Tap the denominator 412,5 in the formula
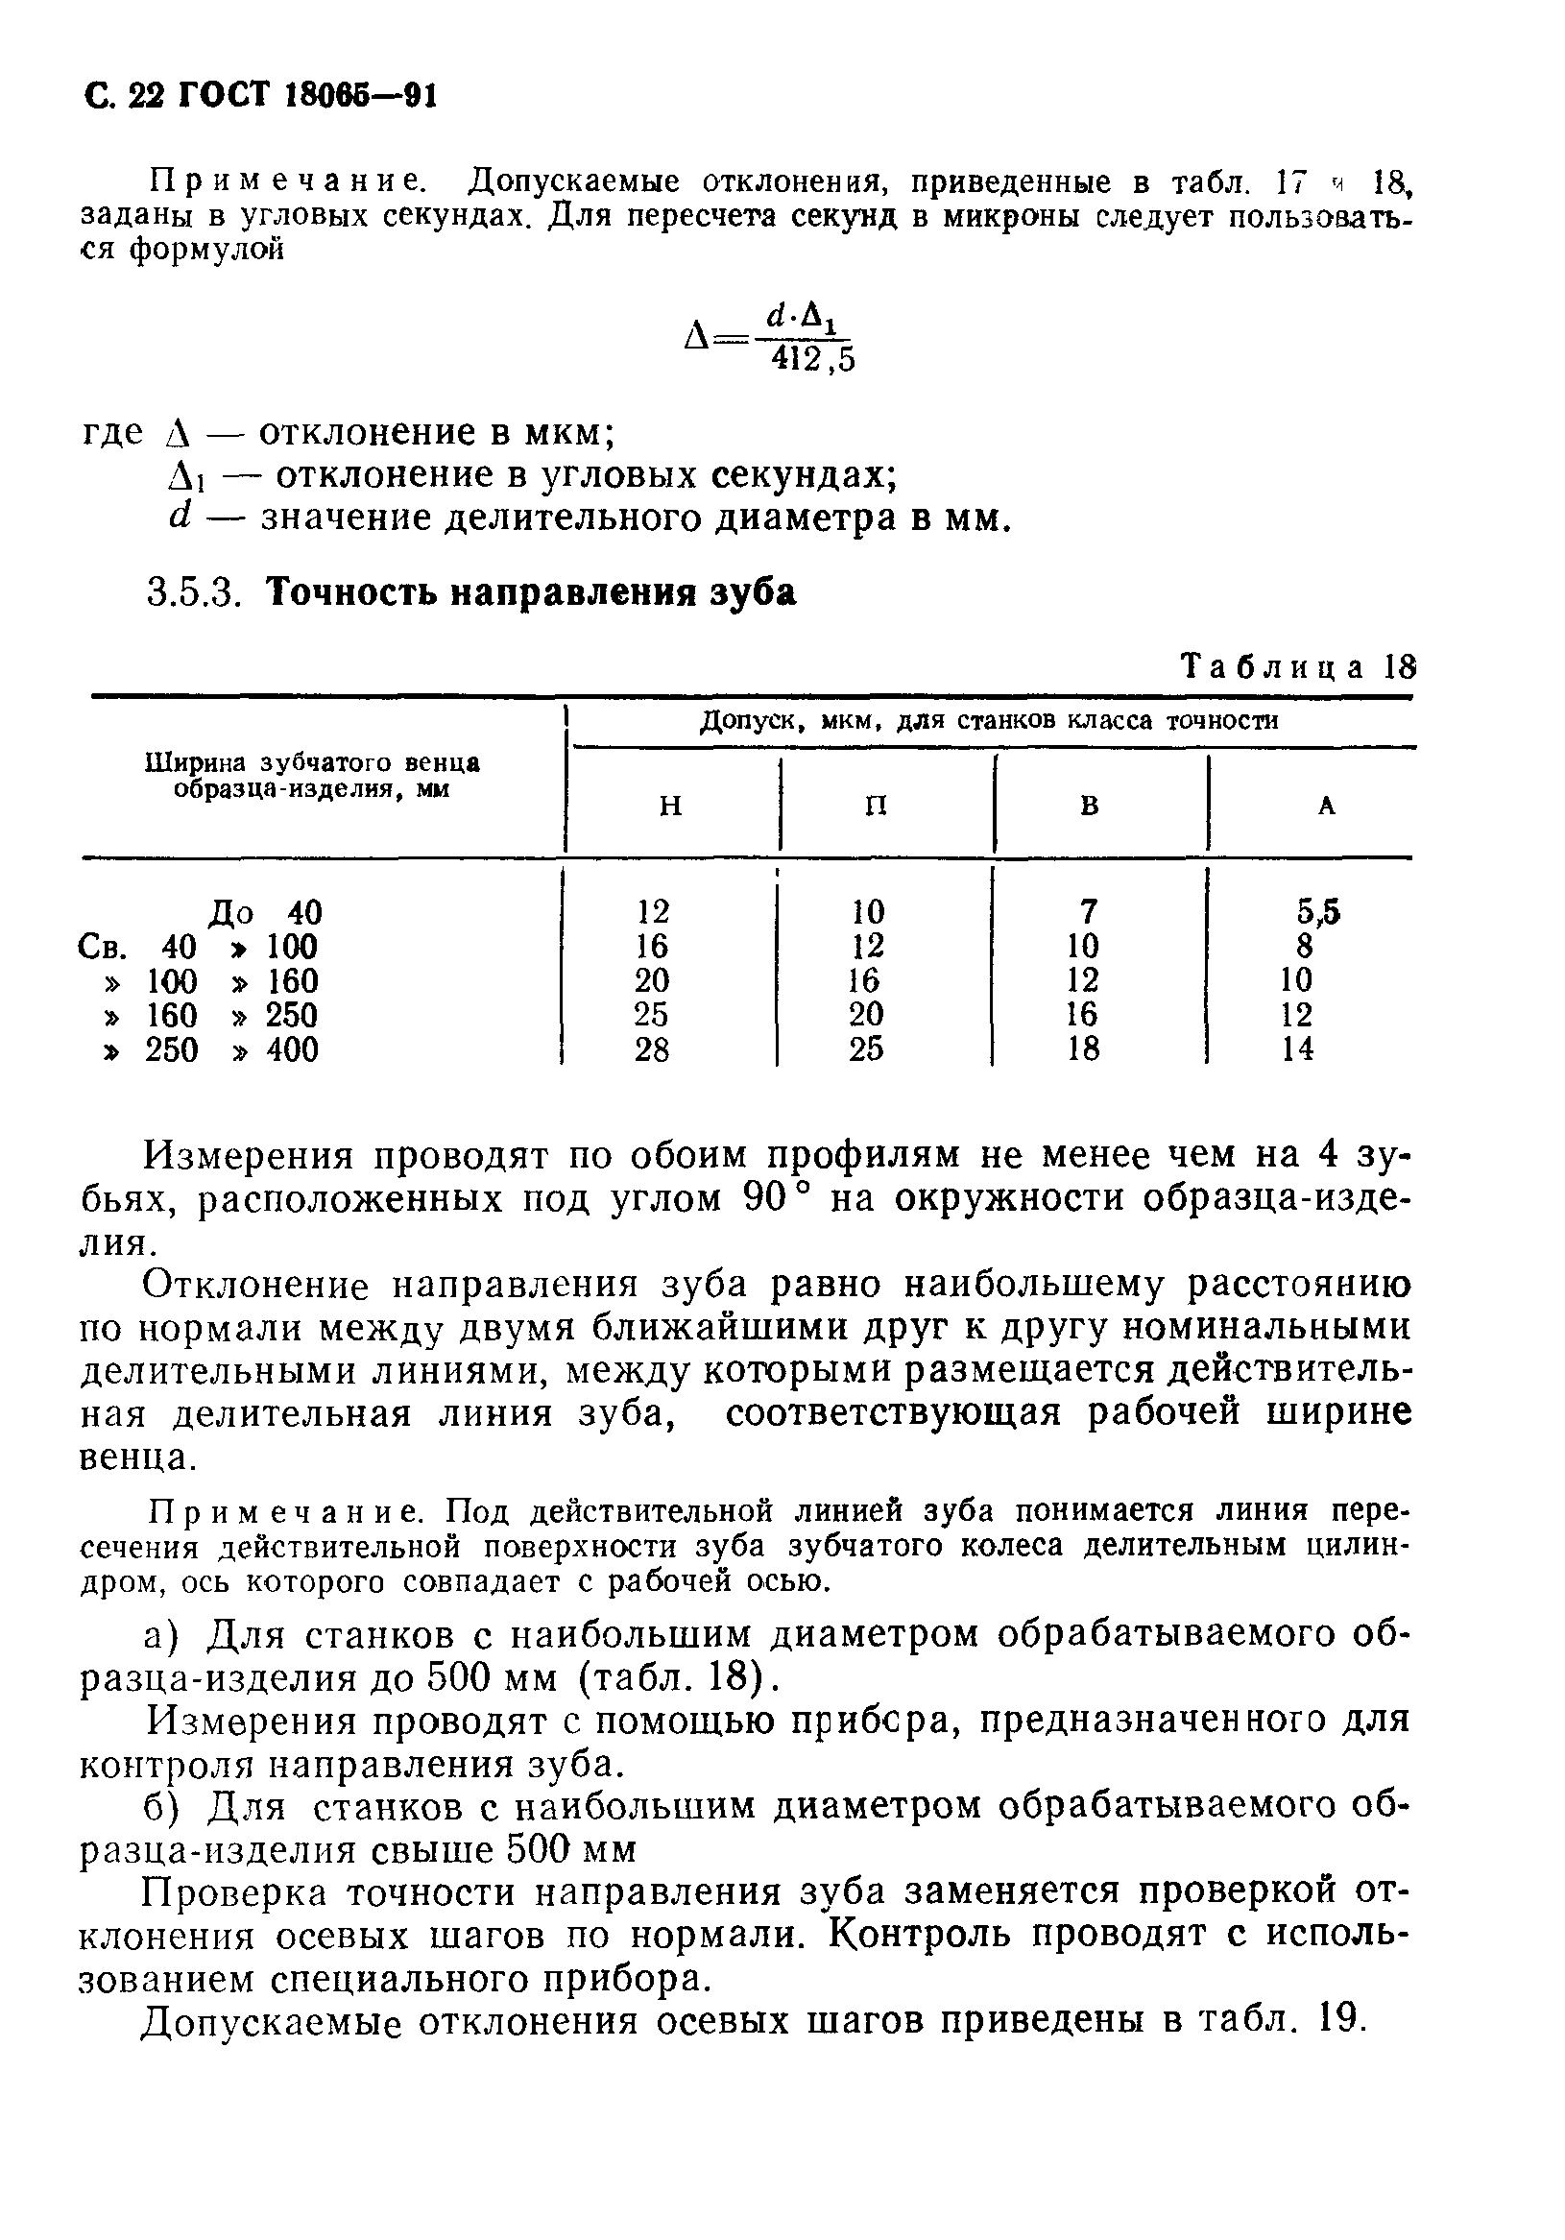[x=811, y=360]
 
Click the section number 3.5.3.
[x=192, y=592]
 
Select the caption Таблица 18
[x=1298, y=667]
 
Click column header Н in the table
[x=670, y=806]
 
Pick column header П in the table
[x=877, y=806]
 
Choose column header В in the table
[x=1090, y=806]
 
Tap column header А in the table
[x=1326, y=806]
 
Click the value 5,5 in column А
[x=1317, y=912]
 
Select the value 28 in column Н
[x=652, y=1049]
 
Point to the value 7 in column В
[x=1089, y=912]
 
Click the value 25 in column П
[x=865, y=1049]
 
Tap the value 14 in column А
[x=1298, y=1049]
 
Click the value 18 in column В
[x=1083, y=1049]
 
